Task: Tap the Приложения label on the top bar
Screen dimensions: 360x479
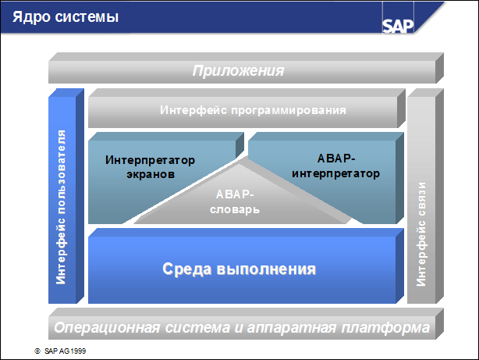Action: click(x=238, y=71)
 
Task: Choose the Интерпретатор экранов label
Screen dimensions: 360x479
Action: click(x=150, y=167)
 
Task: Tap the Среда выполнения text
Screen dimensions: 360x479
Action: click(x=239, y=269)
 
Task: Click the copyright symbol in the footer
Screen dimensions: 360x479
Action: click(x=37, y=351)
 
